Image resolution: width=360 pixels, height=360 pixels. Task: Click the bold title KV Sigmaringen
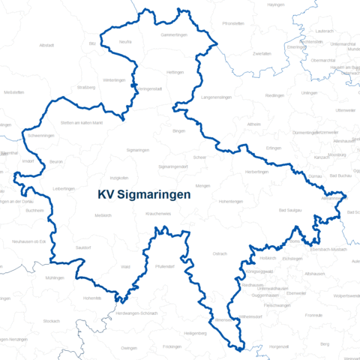pyautogui.click(x=144, y=193)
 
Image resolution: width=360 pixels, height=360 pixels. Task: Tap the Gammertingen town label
pyautogui.click(x=174, y=35)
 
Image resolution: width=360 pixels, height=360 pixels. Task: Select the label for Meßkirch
pyautogui.click(x=103, y=215)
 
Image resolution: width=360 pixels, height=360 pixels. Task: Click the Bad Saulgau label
pyautogui.click(x=290, y=212)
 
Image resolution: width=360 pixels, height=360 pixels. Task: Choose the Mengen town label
pyautogui.click(x=203, y=185)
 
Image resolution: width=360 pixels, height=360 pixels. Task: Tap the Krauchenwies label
pyautogui.click(x=157, y=214)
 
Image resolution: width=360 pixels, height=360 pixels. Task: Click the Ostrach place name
pyautogui.click(x=220, y=253)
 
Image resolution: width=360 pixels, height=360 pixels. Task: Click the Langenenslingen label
pyautogui.click(x=217, y=97)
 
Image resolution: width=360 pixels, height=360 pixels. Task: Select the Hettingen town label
pyautogui.click(x=175, y=72)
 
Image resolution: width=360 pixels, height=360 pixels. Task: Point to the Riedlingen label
pyautogui.click(x=274, y=95)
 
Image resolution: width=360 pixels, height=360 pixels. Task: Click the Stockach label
pyautogui.click(x=51, y=320)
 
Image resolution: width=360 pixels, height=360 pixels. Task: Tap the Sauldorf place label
pyautogui.click(x=83, y=246)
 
